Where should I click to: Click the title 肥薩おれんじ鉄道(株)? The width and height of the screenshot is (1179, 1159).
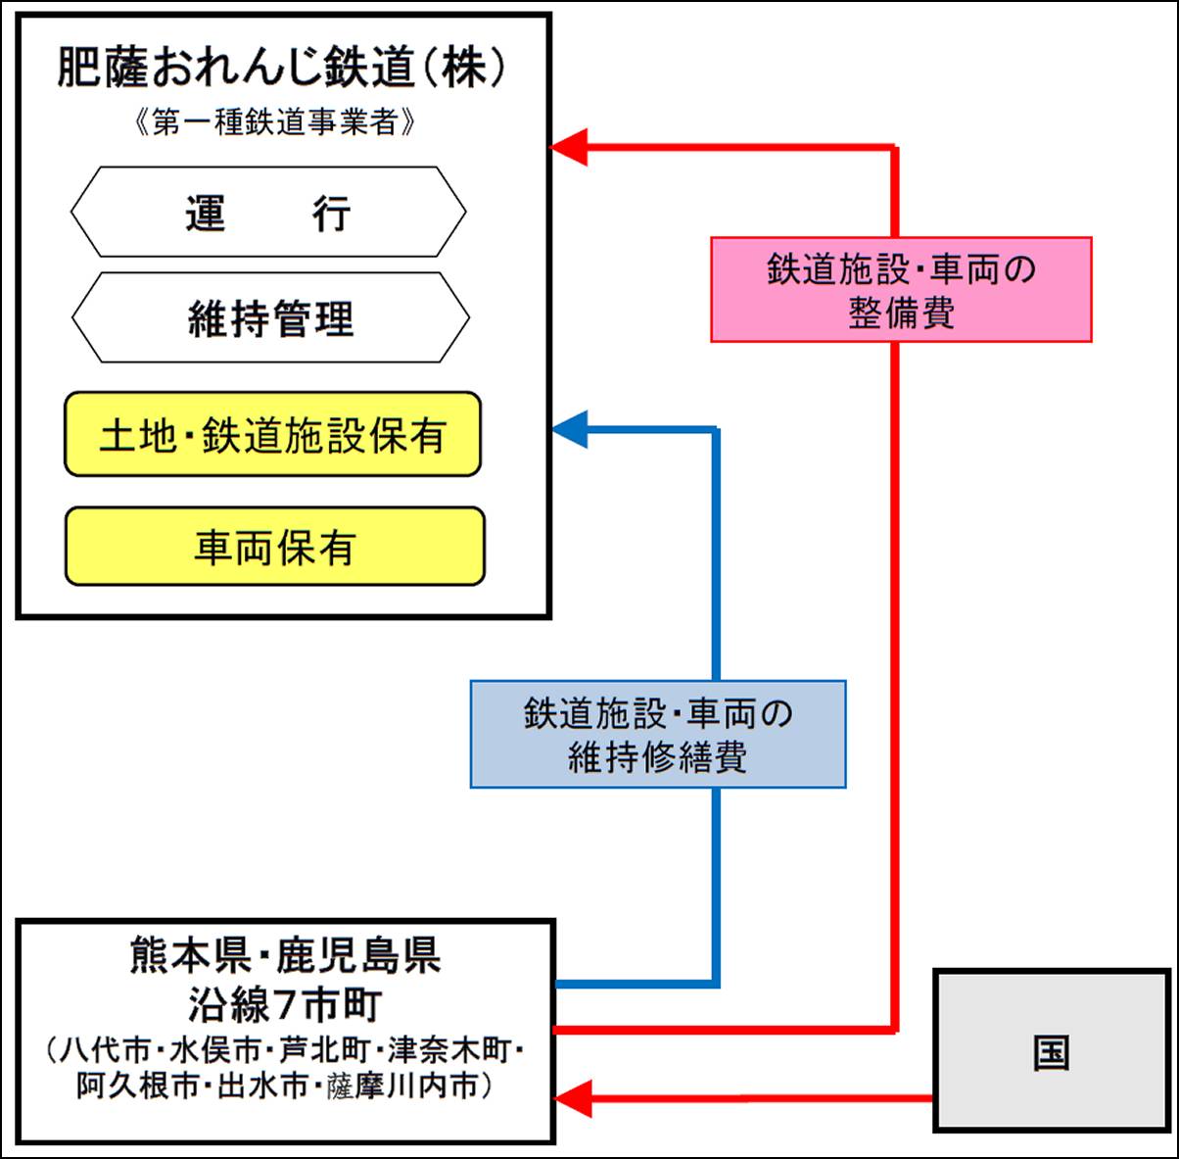[x=282, y=68]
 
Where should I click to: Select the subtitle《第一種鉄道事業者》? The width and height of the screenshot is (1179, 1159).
[x=275, y=122]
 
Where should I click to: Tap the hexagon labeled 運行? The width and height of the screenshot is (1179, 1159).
[x=268, y=213]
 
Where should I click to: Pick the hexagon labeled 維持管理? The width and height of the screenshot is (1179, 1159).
[x=270, y=318]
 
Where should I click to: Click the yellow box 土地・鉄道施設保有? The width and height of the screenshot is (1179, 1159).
[x=273, y=435]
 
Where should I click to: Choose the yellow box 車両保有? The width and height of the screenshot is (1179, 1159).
[x=275, y=547]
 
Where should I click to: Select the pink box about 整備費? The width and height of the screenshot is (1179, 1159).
[x=901, y=290]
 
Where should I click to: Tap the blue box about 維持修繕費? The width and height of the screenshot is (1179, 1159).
[x=658, y=735]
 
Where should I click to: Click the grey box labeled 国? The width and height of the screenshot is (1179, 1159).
[x=1052, y=1051]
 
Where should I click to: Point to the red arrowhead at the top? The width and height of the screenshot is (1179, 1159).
[x=571, y=148]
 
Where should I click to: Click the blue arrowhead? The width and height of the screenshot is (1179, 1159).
[x=571, y=429]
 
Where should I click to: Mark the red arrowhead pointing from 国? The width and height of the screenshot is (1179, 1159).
[x=574, y=1098]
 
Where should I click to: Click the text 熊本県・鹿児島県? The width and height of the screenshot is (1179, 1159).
[x=285, y=955]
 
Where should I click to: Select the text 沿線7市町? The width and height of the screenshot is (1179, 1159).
[x=285, y=1004]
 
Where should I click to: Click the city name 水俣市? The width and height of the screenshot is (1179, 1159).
[x=215, y=1050]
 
